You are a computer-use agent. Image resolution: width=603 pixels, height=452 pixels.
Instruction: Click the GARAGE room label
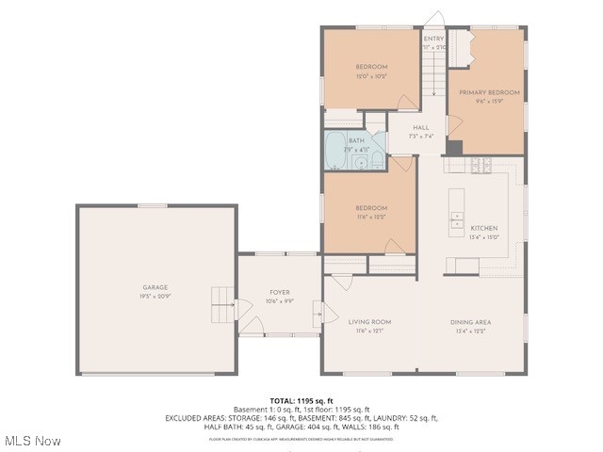[x=155, y=287]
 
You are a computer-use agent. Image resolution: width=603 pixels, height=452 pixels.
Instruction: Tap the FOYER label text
[x=280, y=293]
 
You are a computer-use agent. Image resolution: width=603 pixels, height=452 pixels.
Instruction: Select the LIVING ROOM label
[x=369, y=322]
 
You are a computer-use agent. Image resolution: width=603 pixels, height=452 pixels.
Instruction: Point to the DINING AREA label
[x=472, y=322]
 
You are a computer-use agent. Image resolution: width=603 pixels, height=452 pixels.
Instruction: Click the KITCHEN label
[x=484, y=228]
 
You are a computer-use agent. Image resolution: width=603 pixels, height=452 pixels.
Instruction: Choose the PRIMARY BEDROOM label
[x=489, y=92]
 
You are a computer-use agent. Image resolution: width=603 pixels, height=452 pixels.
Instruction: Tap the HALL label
[x=420, y=126]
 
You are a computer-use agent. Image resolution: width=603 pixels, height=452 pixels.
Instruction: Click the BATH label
[x=356, y=141]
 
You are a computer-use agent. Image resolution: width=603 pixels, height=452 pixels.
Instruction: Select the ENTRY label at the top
[x=433, y=39]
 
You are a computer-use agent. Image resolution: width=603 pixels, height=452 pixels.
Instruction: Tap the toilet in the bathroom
[x=377, y=161]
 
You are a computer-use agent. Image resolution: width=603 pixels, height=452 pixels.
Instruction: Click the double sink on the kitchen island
[x=456, y=222]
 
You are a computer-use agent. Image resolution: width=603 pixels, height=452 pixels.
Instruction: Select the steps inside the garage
[x=220, y=304]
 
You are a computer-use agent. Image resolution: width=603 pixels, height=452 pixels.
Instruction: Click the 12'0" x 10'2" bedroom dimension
[x=370, y=75]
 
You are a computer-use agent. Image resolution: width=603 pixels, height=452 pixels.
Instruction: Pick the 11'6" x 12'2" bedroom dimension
[x=370, y=217]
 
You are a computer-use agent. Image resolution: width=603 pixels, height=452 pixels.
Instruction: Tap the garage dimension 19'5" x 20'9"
[x=155, y=296]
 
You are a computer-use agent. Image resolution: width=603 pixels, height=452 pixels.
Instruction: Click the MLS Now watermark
[x=33, y=441]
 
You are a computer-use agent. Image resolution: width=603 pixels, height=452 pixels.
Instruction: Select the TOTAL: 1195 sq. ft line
[x=301, y=401]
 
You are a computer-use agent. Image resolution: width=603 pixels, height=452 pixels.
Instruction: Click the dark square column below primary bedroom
[x=455, y=148]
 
